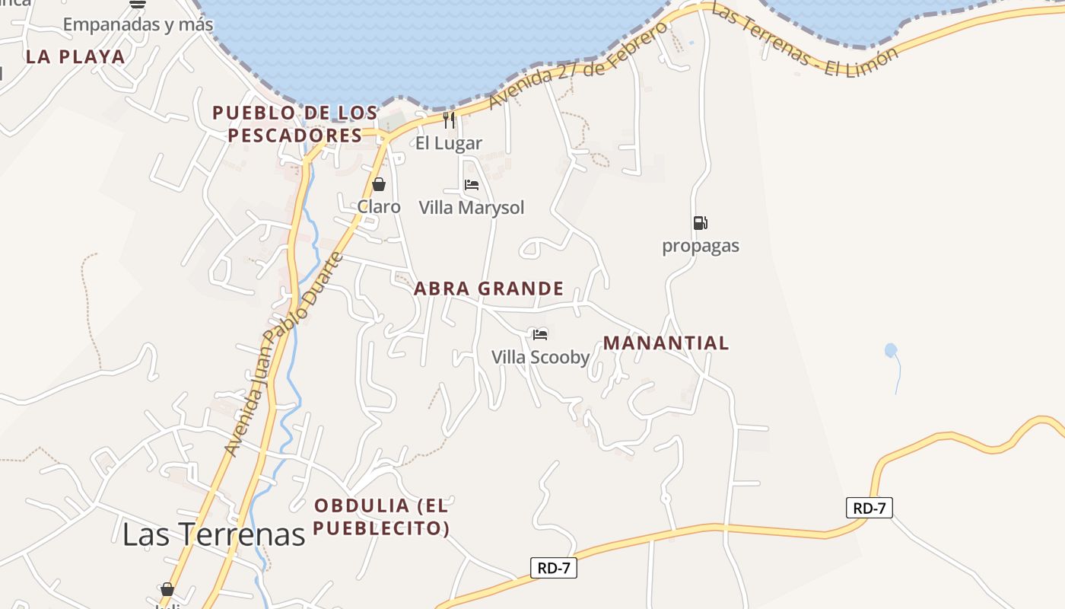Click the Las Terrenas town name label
214,534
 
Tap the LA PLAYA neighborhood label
75,56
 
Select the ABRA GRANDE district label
488,289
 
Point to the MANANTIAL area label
666,343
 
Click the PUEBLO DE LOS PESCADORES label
295,124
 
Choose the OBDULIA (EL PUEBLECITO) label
382,516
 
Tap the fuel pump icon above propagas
700,223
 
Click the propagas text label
700,246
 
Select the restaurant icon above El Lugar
449,120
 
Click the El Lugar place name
449,143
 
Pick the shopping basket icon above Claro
379,184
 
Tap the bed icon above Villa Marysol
472,185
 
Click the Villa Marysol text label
472,208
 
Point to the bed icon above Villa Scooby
540,334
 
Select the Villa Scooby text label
540,357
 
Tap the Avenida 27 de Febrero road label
578,65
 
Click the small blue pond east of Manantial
891,350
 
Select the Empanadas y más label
138,24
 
